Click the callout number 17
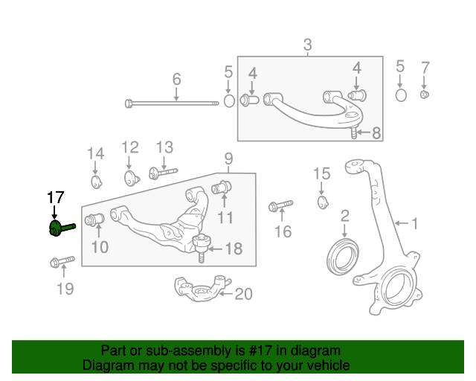[x=56, y=197]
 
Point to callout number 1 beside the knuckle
[x=414, y=222]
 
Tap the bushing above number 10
[x=94, y=220]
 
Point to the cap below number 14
[x=95, y=182]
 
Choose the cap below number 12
[x=132, y=177]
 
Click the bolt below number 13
[x=163, y=173]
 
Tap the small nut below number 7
[x=425, y=95]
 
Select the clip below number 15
[x=322, y=202]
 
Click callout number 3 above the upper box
[x=308, y=45]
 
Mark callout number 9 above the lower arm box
[x=229, y=159]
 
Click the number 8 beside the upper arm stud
[x=376, y=133]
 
